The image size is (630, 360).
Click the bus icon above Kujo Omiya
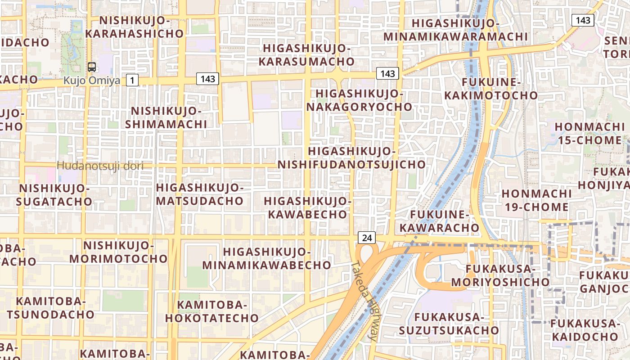pos(92,67)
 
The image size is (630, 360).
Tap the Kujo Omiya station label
pos(92,81)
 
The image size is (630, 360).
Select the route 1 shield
pos(132,81)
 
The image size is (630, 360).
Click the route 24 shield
pos(367,238)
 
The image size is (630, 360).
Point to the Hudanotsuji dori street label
pos(100,166)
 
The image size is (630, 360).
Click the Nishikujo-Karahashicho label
pos(135,27)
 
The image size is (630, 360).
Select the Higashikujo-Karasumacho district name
pos(309,54)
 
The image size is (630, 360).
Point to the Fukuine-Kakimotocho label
pos(491,89)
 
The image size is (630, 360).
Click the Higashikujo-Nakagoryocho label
pos(359,100)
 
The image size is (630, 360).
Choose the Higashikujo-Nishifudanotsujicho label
pos(351,157)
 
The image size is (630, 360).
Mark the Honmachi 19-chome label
pos(535,200)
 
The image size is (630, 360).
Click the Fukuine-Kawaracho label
pos(440,221)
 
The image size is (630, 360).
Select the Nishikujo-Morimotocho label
pos(118,252)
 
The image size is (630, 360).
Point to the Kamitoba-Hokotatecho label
pos(212,311)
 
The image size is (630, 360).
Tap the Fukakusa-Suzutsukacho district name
pos(449,324)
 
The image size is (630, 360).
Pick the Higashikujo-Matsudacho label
pos(200,194)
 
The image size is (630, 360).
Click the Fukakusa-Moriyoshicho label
pos(500,275)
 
